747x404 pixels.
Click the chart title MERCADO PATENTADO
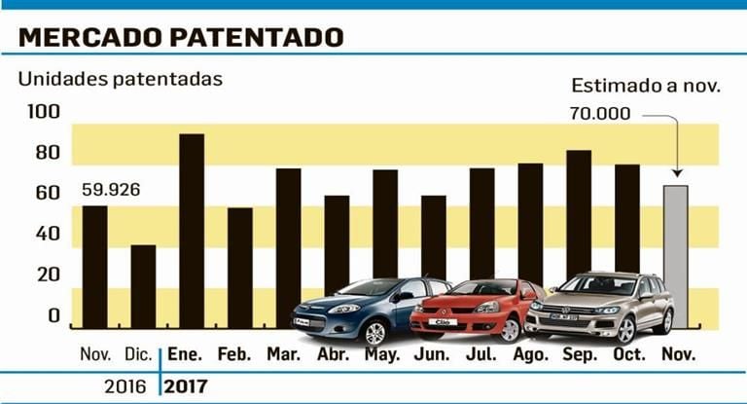point(181,37)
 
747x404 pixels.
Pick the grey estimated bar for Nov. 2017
point(675,256)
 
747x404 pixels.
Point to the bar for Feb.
point(239,267)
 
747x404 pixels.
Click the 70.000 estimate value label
point(602,114)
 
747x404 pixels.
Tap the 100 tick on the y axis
point(36,113)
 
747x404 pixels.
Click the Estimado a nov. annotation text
point(645,86)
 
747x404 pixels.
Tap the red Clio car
point(477,308)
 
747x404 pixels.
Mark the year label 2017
point(187,385)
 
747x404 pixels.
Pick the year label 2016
point(125,385)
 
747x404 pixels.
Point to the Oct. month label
point(628,354)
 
